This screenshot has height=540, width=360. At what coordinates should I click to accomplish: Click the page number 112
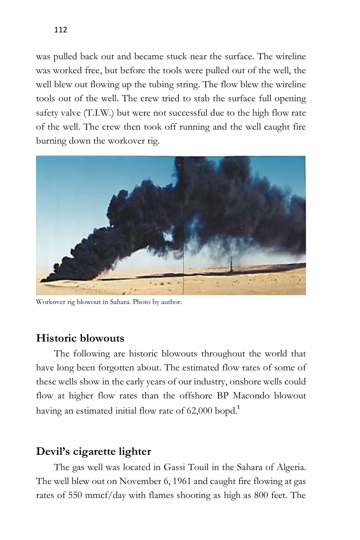coord(60,30)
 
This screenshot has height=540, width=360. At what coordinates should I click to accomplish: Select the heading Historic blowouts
coord(80,338)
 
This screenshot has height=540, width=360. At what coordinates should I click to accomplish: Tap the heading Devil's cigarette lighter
coord(93,452)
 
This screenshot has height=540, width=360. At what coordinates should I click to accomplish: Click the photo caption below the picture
coord(109,302)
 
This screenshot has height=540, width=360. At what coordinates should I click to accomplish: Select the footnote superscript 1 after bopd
coord(238,408)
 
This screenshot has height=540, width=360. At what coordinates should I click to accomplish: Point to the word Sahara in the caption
coord(120,302)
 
